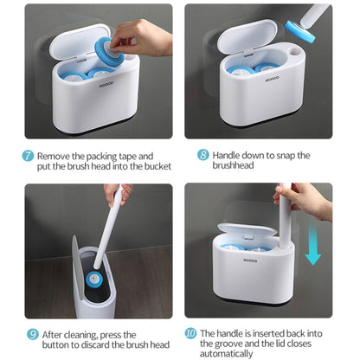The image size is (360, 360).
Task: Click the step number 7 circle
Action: click(28, 156)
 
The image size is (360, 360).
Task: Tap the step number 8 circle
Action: click(203, 155)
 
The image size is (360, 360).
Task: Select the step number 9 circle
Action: click(33, 334)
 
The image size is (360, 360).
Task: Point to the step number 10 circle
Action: click(190, 333)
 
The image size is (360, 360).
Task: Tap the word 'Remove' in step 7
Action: click(54, 157)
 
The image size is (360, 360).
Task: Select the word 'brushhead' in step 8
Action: click(233, 165)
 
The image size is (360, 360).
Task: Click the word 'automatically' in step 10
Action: click(227, 354)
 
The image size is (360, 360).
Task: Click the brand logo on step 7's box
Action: click(106, 85)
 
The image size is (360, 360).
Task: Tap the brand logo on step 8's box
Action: click(273, 79)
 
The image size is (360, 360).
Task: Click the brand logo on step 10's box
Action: click(250, 260)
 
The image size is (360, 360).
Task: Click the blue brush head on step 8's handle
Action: click(300, 31)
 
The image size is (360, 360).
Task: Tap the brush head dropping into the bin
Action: click(93, 279)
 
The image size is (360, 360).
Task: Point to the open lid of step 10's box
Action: click(247, 229)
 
